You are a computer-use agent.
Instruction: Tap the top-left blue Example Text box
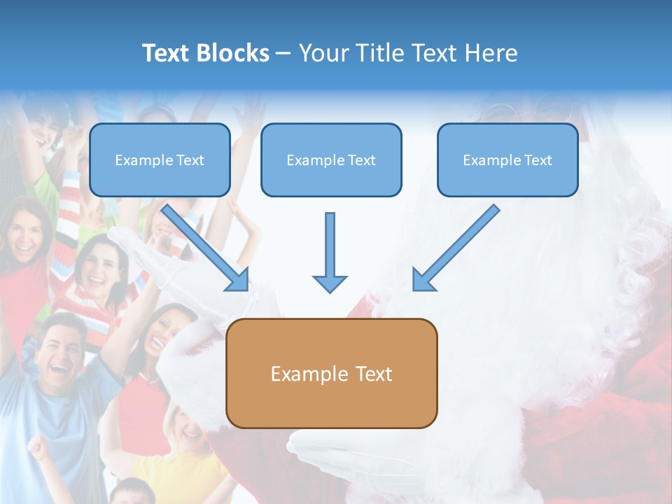coord(160,160)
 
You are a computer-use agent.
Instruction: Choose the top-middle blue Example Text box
coord(331,160)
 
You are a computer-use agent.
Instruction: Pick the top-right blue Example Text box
coord(507,160)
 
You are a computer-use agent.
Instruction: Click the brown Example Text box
coord(331,373)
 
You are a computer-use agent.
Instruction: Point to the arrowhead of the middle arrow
coord(330,283)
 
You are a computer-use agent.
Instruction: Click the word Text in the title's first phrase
coord(167,53)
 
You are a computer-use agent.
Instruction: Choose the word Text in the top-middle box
coord(361,160)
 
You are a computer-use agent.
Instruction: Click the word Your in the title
coord(322,53)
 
